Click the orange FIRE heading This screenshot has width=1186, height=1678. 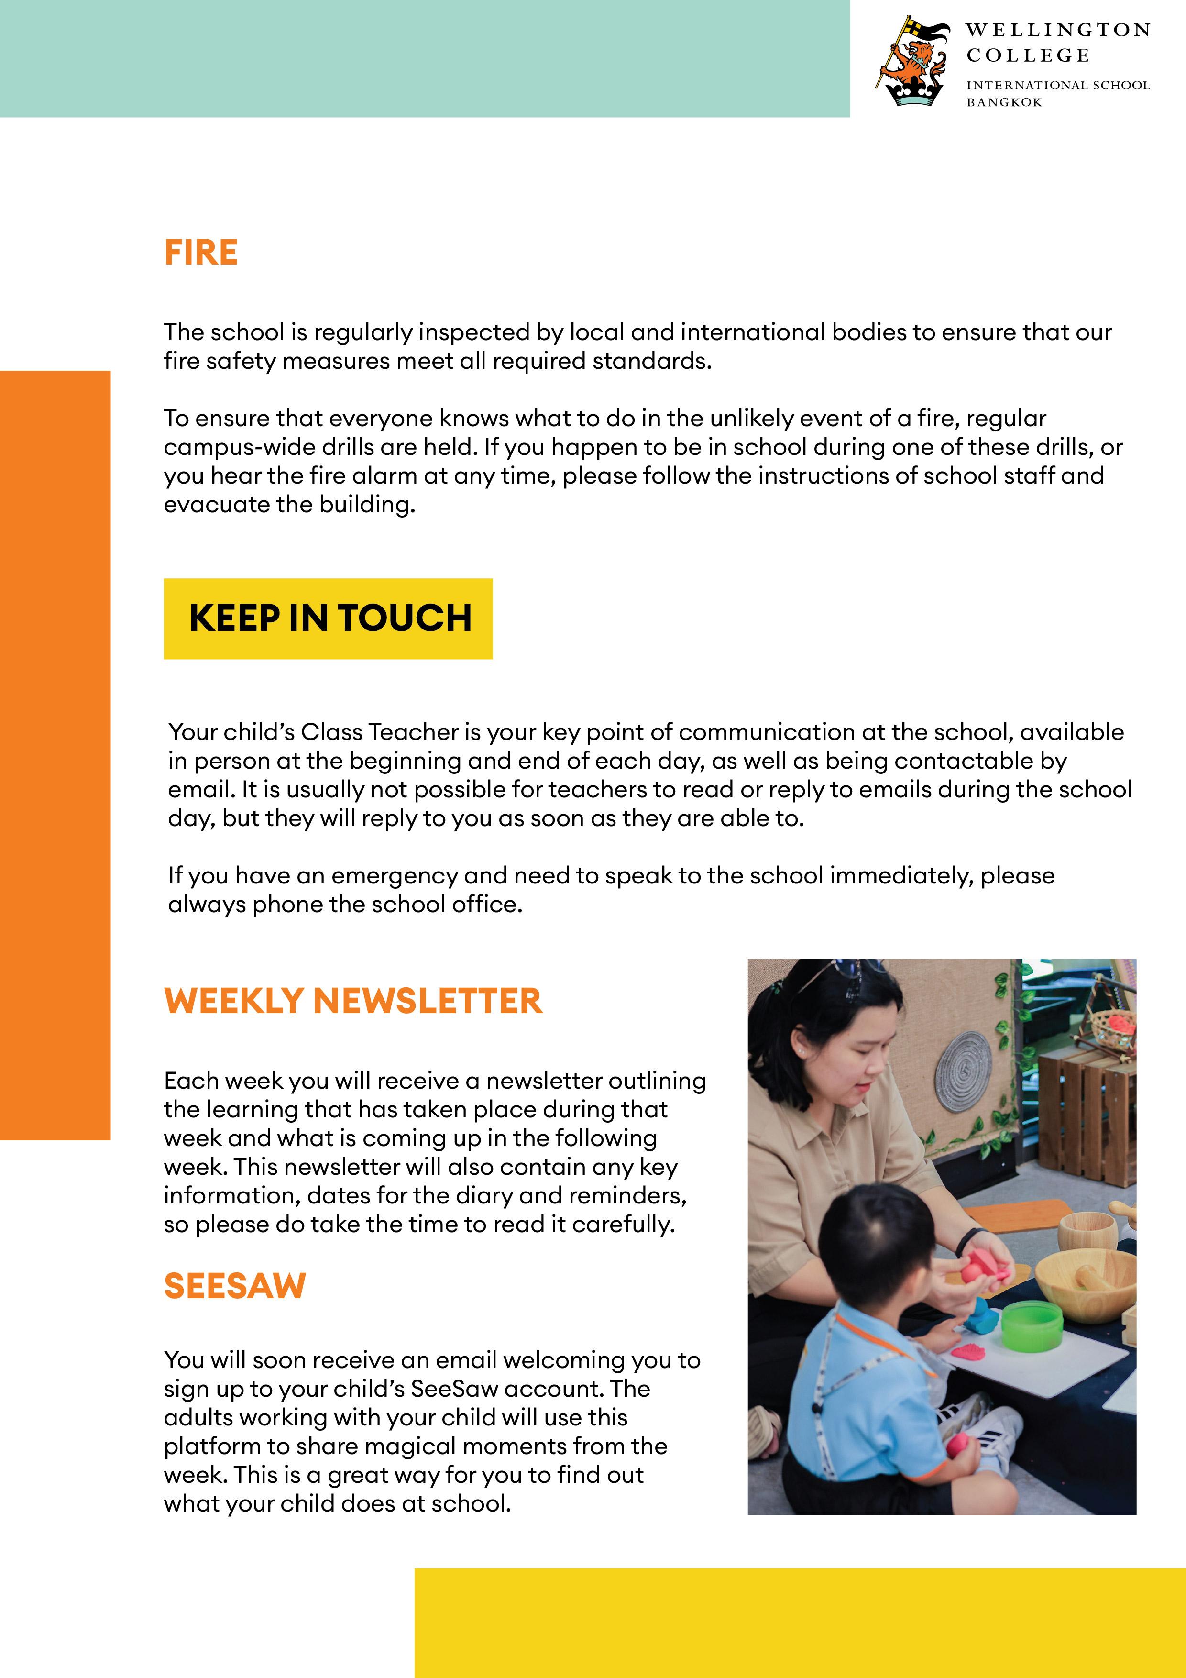pos(201,253)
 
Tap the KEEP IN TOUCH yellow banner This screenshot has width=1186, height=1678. pos(328,618)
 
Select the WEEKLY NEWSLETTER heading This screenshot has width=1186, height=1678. pos(353,1001)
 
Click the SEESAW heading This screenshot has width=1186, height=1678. pos(234,1286)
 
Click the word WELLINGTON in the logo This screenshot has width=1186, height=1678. pos(1057,31)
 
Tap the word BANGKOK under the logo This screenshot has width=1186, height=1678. pos(1004,103)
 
